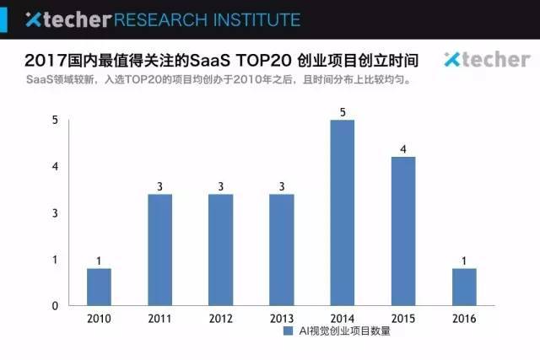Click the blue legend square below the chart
[288, 332]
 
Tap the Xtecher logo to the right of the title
[486, 59]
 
